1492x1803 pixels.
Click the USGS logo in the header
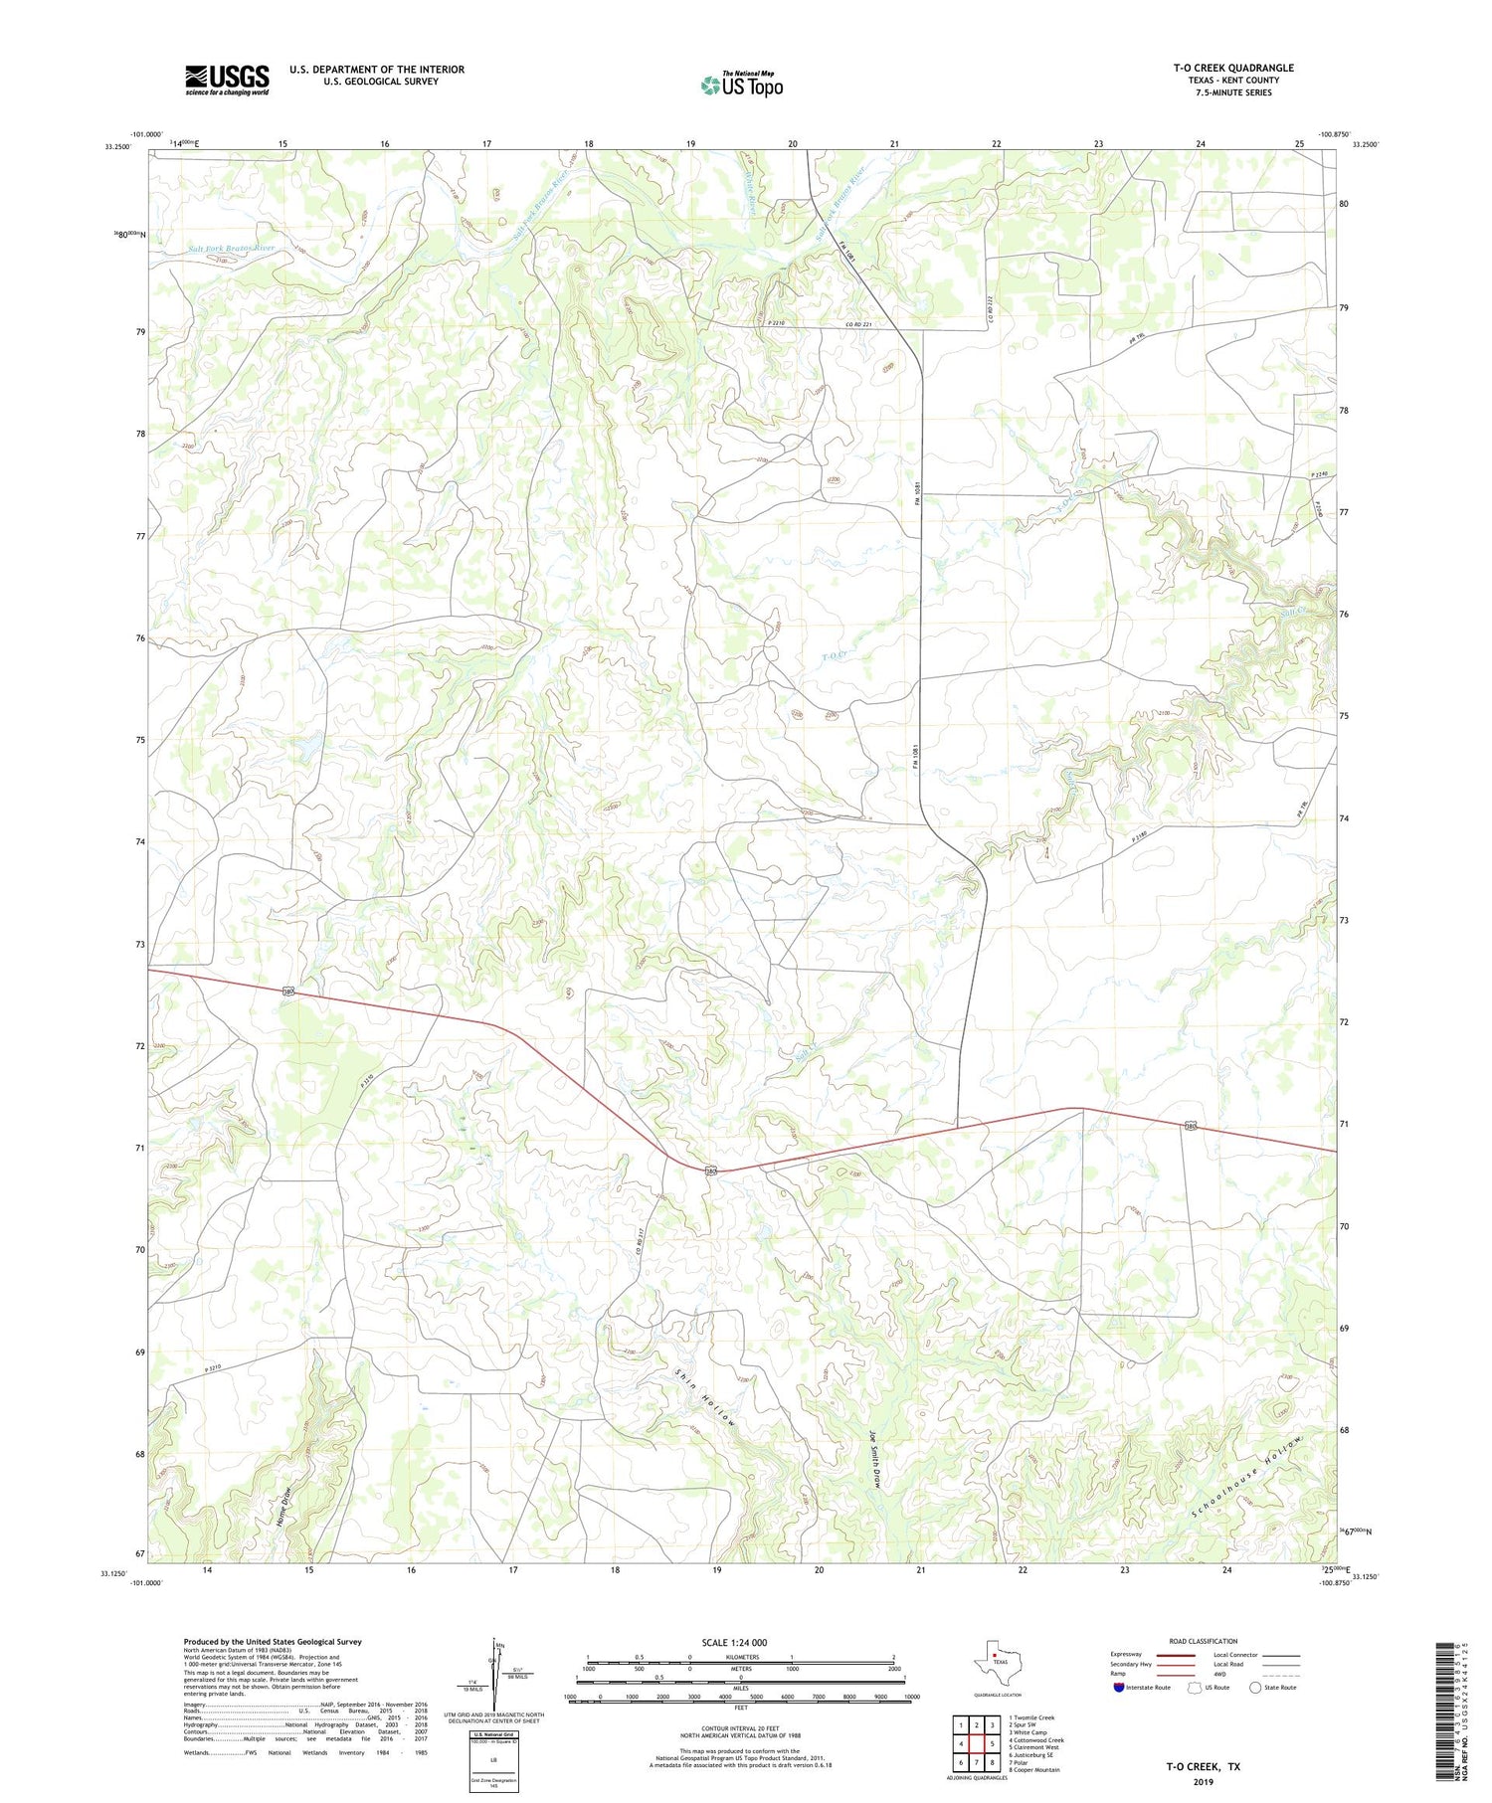coord(227,80)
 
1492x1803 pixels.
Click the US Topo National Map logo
coord(741,85)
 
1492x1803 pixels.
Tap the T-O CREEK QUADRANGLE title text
coord(1232,69)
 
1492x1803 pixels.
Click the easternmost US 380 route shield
coord(1190,1126)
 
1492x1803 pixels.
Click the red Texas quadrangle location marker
coord(994,1656)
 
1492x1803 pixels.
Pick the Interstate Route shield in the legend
coord(1119,1688)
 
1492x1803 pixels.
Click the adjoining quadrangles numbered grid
coord(978,1743)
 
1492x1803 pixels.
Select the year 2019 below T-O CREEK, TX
coord(1203,1782)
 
